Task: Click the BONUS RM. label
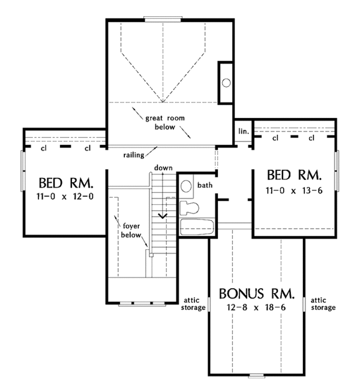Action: pyautogui.click(x=257, y=294)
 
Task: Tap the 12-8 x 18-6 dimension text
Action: pyautogui.click(x=256, y=307)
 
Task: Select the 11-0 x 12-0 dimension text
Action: pyautogui.click(x=65, y=197)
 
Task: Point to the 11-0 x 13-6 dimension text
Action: pyautogui.click(x=294, y=191)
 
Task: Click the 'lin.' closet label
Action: pyautogui.click(x=244, y=131)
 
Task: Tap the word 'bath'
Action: pyautogui.click(x=205, y=185)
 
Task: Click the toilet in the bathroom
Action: pyautogui.click(x=189, y=208)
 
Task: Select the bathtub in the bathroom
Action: pyautogui.click(x=197, y=227)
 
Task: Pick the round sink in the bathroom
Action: pyautogui.click(x=186, y=186)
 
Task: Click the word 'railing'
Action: pyautogui.click(x=134, y=155)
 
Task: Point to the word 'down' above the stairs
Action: pyautogui.click(x=163, y=168)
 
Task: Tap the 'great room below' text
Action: pyautogui.click(x=165, y=122)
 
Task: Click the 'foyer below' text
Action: pyautogui.click(x=131, y=231)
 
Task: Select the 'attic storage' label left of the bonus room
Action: pyautogui.click(x=193, y=304)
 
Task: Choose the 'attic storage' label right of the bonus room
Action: pyautogui.click(x=323, y=304)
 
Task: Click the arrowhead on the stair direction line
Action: pyautogui.click(x=163, y=216)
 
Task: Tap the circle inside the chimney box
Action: pyautogui.click(x=226, y=83)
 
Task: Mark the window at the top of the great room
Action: pyautogui.click(x=163, y=19)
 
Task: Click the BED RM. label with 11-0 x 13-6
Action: pyautogui.click(x=294, y=175)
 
